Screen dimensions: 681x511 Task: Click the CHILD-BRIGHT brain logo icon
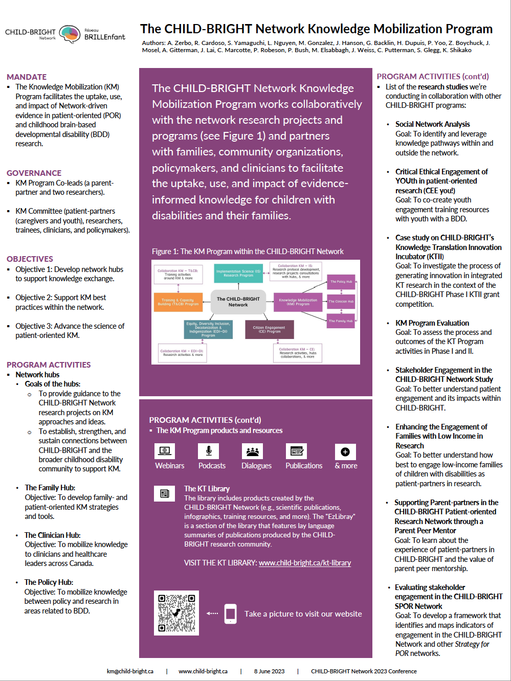coord(70,34)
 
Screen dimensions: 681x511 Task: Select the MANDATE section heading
coord(27,77)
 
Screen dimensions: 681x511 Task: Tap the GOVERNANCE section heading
coord(34,173)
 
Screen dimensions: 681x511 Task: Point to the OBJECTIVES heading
coord(30,259)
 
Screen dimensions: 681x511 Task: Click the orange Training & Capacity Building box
coord(178,302)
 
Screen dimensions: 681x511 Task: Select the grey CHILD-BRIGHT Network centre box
coord(238,302)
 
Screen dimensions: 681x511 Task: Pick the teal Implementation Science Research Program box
coord(238,274)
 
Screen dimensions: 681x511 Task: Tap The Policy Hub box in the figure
coord(341,282)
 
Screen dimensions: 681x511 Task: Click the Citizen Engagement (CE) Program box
coord(269,330)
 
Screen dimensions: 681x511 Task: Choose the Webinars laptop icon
coord(165,451)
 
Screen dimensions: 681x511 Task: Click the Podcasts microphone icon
coord(209,451)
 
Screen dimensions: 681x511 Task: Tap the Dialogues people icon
coord(252,451)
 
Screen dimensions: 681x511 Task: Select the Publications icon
coord(297,451)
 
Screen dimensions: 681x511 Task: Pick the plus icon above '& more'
coord(345,451)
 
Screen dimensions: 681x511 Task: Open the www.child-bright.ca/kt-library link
coord(305,563)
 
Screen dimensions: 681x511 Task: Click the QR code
coord(176,612)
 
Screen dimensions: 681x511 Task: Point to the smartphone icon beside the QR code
coord(231,614)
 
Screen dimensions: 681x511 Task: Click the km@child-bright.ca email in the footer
coord(130,671)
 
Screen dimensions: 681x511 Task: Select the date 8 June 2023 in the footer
coord(269,671)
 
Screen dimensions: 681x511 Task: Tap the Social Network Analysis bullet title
coord(432,124)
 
